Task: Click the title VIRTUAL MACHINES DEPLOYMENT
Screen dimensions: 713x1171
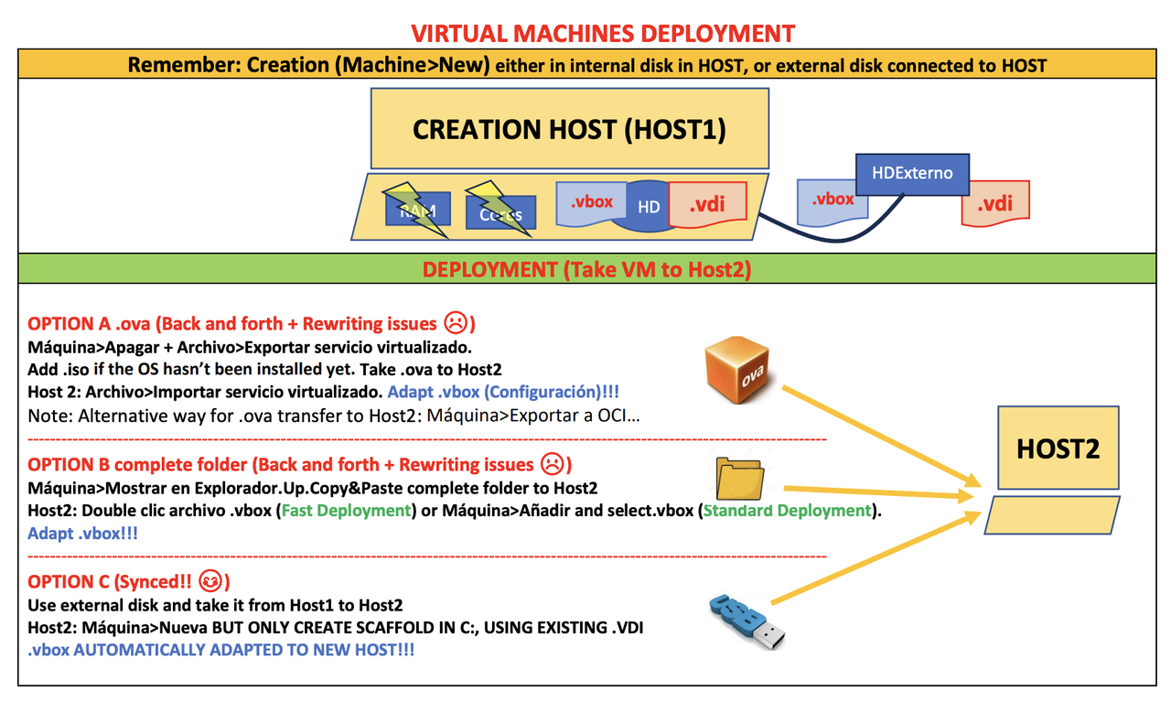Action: click(x=603, y=34)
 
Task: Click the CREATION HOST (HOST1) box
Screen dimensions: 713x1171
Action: click(x=569, y=129)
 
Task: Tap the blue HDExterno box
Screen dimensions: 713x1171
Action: click(x=911, y=173)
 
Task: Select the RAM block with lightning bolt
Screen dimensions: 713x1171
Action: click(x=417, y=211)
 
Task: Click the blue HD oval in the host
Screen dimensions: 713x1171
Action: click(x=649, y=207)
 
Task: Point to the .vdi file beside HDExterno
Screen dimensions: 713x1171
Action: click(x=995, y=203)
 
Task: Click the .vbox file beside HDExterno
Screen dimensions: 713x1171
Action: click(x=833, y=200)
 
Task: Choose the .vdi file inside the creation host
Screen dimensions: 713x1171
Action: click(x=708, y=203)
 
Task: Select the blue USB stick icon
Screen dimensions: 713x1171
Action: click(x=747, y=620)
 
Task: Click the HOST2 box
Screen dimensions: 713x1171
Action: click(x=1058, y=449)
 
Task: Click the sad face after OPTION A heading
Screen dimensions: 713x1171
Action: click(x=455, y=323)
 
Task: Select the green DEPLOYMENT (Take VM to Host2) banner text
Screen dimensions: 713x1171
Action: click(x=585, y=270)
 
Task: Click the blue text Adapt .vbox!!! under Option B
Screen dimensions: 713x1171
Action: click(x=82, y=534)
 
